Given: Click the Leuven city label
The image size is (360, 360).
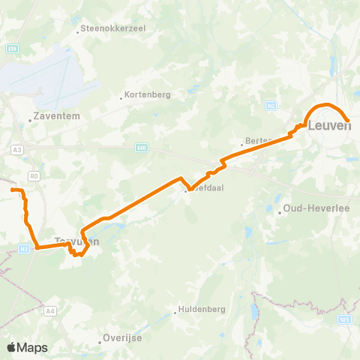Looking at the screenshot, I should (x=329, y=126).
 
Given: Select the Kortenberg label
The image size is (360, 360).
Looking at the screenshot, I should (x=148, y=95).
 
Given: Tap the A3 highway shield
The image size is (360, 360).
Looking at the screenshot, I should (x=16, y=150).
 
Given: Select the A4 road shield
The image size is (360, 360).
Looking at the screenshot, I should (x=50, y=309).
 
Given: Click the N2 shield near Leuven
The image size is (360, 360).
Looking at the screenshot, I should (x=271, y=105).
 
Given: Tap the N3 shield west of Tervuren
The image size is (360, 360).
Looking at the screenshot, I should (x=25, y=248).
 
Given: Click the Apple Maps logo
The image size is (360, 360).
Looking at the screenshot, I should (x=27, y=347).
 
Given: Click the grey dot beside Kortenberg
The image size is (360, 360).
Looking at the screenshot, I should (x=121, y=96).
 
